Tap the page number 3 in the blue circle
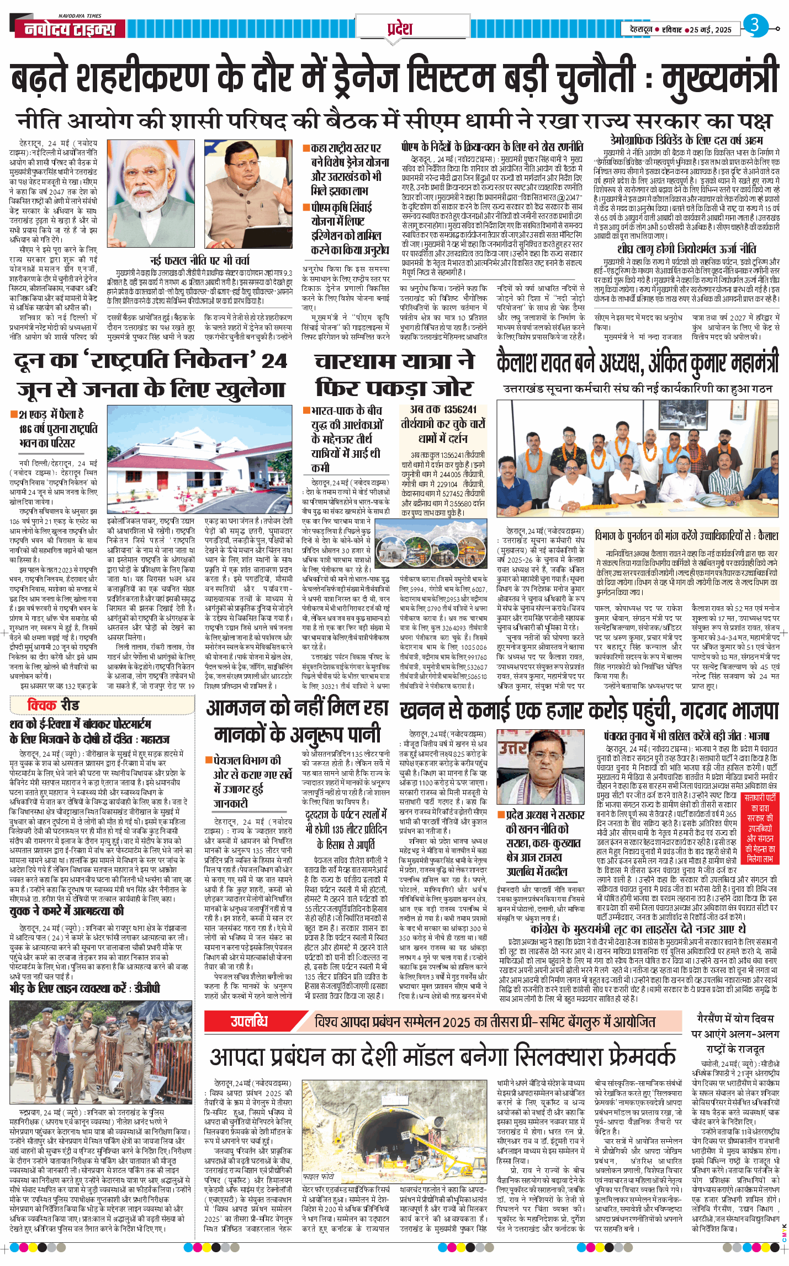point(755,25)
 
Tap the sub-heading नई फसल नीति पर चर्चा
point(199,260)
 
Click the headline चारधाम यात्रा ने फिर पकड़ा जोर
point(394,374)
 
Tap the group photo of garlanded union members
point(638,461)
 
